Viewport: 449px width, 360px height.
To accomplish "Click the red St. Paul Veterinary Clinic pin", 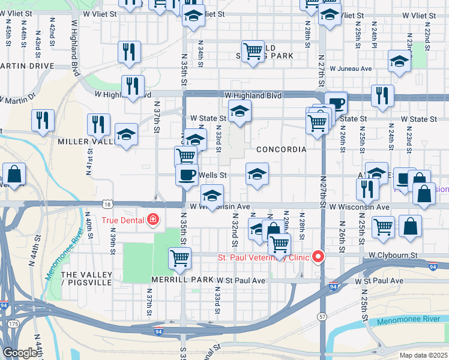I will coord(318,257).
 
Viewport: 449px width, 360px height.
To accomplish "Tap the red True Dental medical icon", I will coord(153,220).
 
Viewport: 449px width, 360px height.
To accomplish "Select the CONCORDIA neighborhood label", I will coord(281,149).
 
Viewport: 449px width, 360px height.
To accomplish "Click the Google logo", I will coord(20,353).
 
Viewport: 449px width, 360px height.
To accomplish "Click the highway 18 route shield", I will coord(107,204).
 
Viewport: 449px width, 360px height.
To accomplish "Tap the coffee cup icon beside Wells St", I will coord(187,175).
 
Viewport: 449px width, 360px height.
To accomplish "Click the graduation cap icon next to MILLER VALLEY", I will coord(126,135).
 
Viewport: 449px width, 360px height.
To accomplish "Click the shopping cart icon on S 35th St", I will coord(179,259).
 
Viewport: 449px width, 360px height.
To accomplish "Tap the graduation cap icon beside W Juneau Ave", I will coord(399,61).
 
